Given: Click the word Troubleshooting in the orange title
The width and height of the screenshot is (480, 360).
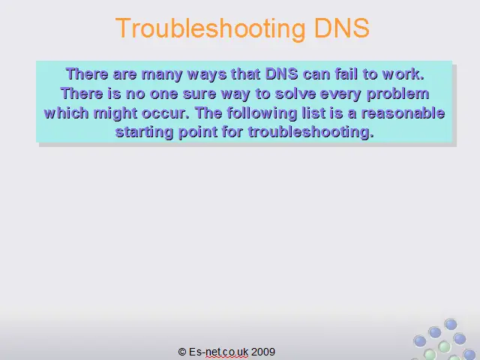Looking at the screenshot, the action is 211,28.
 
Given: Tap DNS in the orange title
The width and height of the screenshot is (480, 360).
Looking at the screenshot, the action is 342,28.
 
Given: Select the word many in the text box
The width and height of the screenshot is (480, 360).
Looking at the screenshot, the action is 162,75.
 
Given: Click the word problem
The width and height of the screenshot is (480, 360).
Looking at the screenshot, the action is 398,94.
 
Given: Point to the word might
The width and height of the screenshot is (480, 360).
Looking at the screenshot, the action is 115,113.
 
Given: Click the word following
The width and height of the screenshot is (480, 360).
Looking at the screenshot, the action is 262,113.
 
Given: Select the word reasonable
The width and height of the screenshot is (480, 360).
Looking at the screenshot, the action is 403,113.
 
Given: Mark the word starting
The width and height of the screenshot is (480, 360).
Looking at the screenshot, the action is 144,133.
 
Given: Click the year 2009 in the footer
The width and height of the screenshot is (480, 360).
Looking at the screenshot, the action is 263,352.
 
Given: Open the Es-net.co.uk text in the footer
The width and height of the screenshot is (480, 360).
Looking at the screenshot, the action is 218,352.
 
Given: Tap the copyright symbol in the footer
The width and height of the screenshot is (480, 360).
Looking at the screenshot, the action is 182,352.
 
